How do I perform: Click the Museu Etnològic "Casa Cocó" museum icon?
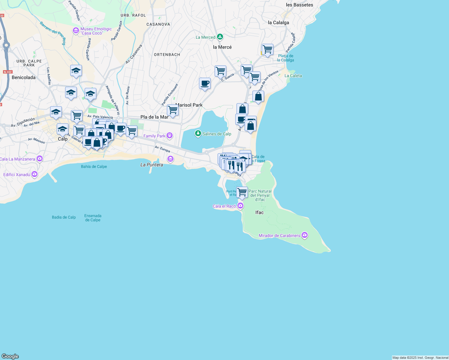(76, 31)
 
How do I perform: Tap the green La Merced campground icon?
(220, 37)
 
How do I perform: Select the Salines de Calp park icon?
(198, 133)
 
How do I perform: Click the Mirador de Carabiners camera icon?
(305, 235)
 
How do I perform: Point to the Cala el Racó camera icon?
(240, 206)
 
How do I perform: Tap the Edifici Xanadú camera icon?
(35, 174)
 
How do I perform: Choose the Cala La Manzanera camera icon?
(40, 158)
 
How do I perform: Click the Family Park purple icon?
(170, 136)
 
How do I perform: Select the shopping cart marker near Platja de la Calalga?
(267, 49)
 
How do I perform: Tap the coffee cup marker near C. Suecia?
(205, 83)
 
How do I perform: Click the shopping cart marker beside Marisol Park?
(173, 110)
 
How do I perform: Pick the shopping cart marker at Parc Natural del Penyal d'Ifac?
(242, 192)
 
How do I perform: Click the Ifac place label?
(259, 212)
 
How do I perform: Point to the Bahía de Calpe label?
(94, 166)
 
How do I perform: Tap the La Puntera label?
(152, 165)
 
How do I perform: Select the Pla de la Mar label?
(154, 117)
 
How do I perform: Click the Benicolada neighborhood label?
(23, 77)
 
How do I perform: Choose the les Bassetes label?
(299, 5)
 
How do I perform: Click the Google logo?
(10, 356)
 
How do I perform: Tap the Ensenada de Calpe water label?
(93, 218)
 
